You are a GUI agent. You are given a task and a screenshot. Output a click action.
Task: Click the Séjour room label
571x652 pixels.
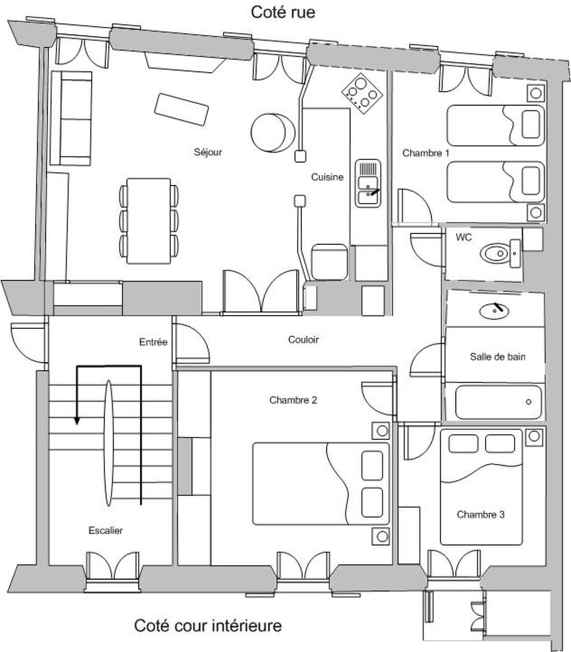208,153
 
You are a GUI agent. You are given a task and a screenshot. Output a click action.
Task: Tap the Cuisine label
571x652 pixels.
327,177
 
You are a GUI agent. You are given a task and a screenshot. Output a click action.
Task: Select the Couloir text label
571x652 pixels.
304,340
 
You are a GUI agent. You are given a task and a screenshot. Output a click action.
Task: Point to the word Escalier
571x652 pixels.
106,531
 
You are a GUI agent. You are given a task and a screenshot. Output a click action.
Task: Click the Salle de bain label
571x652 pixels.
498,357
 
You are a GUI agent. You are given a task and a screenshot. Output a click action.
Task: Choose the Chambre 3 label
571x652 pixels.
481,515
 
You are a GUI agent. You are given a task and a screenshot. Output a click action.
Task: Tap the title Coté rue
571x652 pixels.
283,12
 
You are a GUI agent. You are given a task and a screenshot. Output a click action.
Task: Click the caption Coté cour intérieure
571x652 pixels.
208,626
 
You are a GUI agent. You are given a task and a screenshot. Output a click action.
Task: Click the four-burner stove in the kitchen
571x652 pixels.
361,94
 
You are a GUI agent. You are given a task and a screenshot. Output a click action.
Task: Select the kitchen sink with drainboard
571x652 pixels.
368,183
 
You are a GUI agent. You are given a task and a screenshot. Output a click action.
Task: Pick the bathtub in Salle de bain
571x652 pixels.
498,402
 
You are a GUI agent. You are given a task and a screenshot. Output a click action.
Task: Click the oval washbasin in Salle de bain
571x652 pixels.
494,311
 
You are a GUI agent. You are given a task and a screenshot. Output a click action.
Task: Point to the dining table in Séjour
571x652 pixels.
149,221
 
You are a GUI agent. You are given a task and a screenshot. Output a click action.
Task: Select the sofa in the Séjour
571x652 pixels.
71,118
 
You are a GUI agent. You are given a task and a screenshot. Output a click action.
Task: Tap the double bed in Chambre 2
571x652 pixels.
321,484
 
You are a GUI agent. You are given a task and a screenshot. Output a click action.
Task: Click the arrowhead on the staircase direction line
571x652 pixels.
77,421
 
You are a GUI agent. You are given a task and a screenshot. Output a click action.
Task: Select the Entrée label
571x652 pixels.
153,342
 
